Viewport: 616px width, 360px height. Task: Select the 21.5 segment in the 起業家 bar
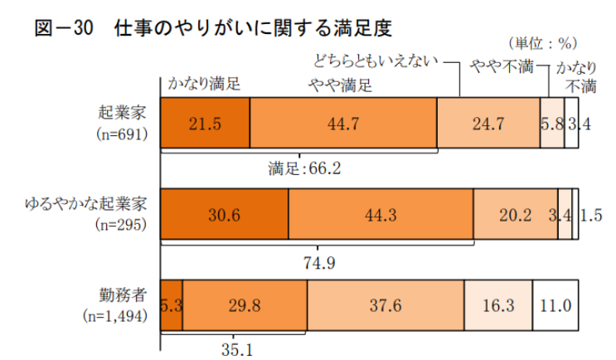pyautogui.click(x=205, y=123)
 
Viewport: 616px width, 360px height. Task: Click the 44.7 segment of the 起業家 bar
pyautogui.click(x=342, y=123)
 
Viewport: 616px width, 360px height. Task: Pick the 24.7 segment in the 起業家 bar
pyautogui.click(x=487, y=123)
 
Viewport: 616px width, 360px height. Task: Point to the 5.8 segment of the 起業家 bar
pyautogui.click(x=551, y=123)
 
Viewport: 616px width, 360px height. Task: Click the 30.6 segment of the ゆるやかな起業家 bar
pyautogui.click(x=224, y=214)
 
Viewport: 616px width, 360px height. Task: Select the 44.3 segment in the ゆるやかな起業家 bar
pyautogui.click(x=381, y=214)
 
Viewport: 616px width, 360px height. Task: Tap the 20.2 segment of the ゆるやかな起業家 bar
pyautogui.click(x=515, y=214)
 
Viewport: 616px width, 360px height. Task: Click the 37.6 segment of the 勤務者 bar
pyautogui.click(x=385, y=304)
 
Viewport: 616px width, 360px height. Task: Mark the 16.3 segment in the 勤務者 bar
pyautogui.click(x=497, y=304)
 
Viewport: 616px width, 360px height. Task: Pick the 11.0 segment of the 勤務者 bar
pyautogui.click(x=554, y=304)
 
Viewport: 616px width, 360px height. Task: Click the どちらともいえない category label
pyautogui.click(x=375, y=60)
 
